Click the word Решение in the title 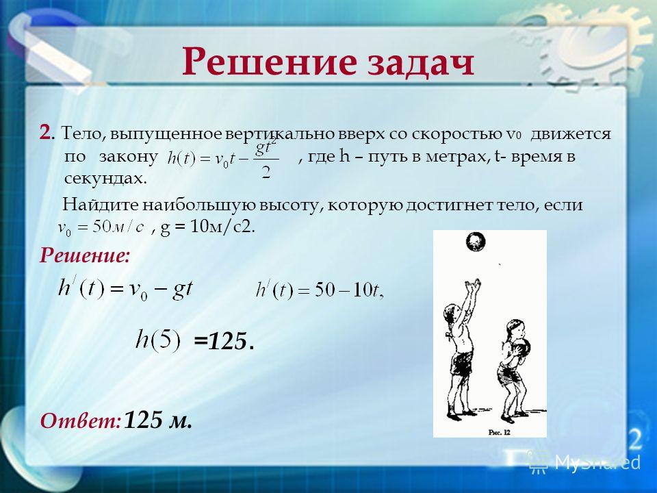pos(270,62)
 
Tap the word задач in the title pos(421,64)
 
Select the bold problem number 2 pos(45,133)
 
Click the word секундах pos(105,179)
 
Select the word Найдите pos(101,205)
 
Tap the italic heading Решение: pos(85,255)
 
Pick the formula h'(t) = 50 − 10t pos(320,290)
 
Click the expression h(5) pos(157,340)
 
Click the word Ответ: pos(81,420)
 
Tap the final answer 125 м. pos(158,420)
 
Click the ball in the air pos(475,242)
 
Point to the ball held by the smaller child pos(521,348)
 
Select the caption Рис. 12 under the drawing pos(499,432)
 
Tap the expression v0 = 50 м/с pos(101,227)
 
